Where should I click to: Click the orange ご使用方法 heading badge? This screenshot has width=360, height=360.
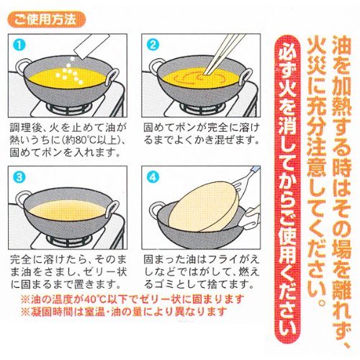[x=47, y=19]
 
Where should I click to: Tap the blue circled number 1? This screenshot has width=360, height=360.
[x=19, y=45]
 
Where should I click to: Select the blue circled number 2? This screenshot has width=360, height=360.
[x=153, y=45]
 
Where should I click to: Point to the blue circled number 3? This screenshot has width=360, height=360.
[x=19, y=177]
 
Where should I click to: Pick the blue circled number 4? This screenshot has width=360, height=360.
[x=153, y=177]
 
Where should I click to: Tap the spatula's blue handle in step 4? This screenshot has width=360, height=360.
[x=255, y=169]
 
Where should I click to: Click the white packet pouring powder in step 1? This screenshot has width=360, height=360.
[x=91, y=46]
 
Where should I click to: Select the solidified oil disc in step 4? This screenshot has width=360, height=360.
[x=204, y=207]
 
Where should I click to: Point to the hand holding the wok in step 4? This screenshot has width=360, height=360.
[x=250, y=217]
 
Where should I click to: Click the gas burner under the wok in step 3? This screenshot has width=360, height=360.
[x=70, y=240]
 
